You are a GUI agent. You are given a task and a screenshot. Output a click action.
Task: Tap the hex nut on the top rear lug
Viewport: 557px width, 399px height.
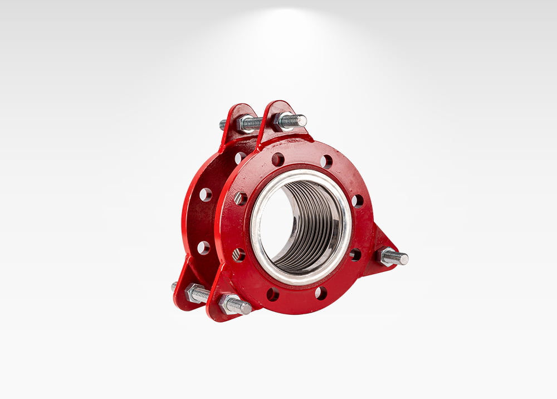[245, 124]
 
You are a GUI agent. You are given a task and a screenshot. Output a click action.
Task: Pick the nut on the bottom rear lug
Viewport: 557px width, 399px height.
[195, 293]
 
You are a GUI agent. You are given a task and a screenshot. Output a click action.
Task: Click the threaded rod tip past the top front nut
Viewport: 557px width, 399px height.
[300, 120]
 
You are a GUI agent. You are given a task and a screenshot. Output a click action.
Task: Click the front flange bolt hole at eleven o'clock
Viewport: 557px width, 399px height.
[277, 159]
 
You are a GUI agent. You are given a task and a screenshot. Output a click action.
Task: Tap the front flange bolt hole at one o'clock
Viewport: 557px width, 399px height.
[326, 162]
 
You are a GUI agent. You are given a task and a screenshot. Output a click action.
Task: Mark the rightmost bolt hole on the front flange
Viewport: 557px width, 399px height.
[357, 201]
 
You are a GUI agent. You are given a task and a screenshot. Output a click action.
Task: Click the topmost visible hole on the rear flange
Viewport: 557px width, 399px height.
[240, 158]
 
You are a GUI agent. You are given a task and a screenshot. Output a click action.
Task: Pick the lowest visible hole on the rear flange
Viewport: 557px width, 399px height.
[203, 247]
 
